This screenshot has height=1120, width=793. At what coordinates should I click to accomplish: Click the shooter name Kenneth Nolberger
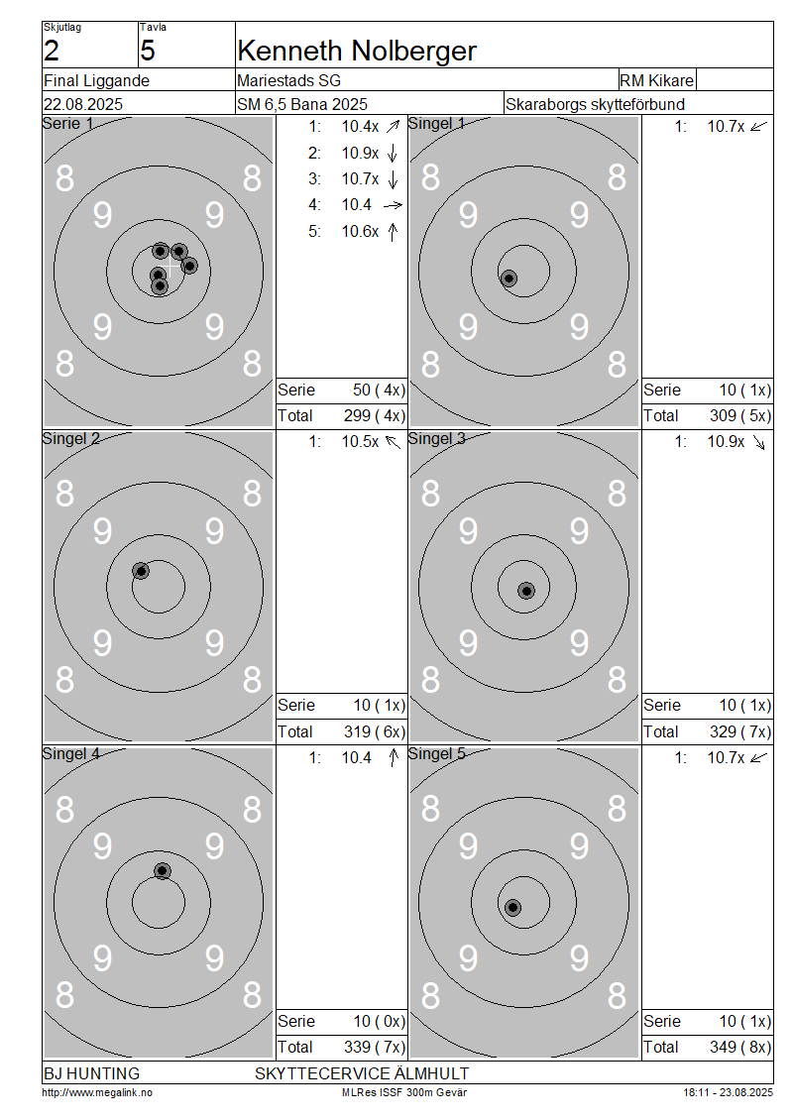(x=357, y=51)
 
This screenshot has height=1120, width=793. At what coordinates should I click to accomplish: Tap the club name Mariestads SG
(x=288, y=80)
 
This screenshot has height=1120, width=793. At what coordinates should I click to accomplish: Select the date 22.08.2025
(x=83, y=104)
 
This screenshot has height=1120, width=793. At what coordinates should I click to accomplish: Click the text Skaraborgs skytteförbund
(x=595, y=104)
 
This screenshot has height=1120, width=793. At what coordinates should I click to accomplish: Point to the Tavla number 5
(x=147, y=51)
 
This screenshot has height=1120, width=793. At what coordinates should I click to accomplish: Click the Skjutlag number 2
(x=52, y=51)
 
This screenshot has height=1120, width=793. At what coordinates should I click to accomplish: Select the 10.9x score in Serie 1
(x=360, y=153)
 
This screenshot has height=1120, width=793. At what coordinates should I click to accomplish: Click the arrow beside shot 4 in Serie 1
(x=393, y=206)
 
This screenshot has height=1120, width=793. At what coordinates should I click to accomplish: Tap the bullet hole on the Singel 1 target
(x=509, y=278)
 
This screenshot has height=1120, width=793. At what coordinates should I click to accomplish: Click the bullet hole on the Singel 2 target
(x=141, y=571)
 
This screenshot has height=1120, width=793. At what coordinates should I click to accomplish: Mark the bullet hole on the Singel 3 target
(x=526, y=591)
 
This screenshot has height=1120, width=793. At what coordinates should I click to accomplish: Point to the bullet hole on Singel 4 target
(x=163, y=870)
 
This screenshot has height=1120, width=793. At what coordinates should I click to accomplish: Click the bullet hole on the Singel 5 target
(x=512, y=908)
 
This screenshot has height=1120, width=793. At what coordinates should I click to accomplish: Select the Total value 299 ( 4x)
(x=375, y=415)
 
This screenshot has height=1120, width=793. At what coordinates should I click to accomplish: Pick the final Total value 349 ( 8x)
(x=740, y=1047)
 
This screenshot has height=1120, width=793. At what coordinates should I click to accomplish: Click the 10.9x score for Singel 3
(x=726, y=441)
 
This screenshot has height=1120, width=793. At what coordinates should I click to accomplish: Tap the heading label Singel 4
(x=71, y=753)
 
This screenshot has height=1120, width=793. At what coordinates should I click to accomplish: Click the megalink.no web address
(x=97, y=1092)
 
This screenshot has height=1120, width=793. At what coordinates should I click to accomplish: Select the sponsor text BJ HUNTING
(x=91, y=1073)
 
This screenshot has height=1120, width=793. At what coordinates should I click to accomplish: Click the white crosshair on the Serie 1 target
(x=170, y=268)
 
